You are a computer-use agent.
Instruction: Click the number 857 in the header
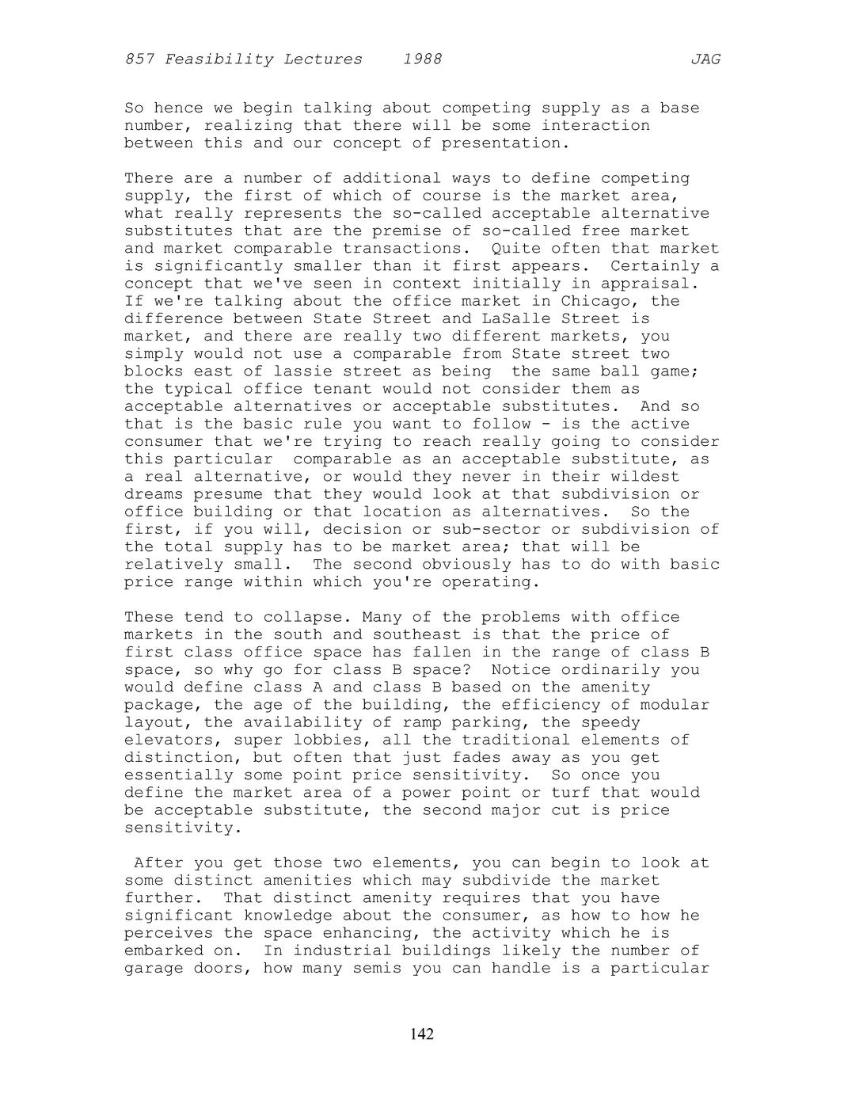click(139, 59)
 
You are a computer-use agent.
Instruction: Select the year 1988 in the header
click(422, 59)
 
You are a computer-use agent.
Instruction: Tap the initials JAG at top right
click(705, 59)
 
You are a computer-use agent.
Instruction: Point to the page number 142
click(422, 1034)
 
